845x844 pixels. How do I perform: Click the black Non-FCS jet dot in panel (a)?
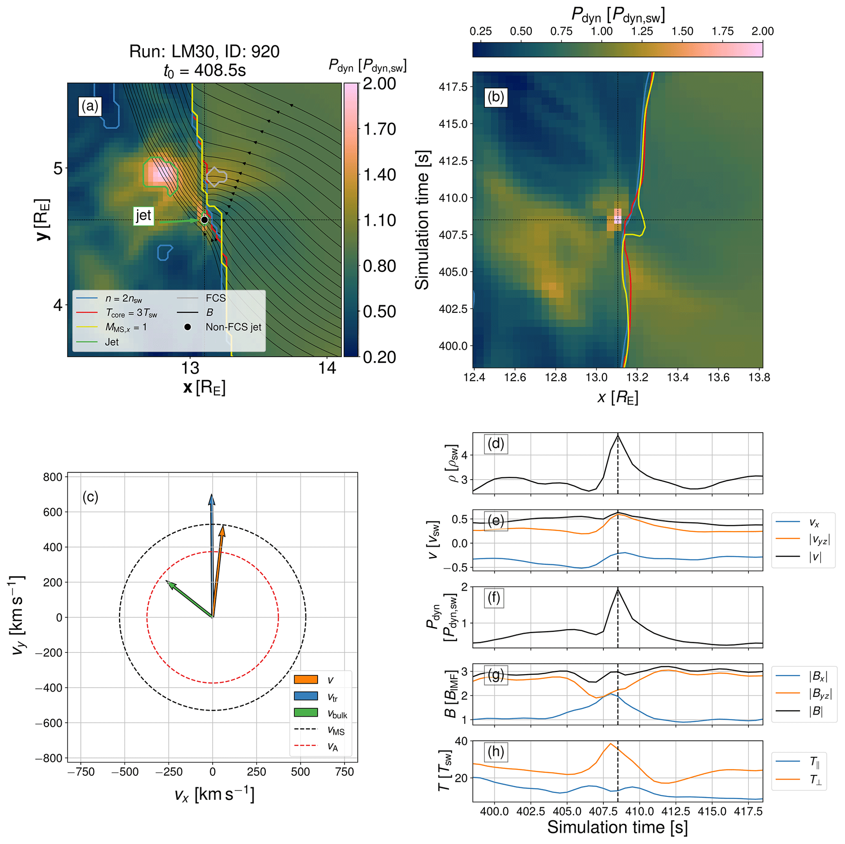tap(204, 220)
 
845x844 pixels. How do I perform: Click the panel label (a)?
tap(90, 106)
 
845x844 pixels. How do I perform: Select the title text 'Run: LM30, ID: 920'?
tap(204, 51)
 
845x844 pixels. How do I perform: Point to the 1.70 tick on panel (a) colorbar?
tap(380, 129)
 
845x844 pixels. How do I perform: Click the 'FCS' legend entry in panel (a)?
tap(215, 298)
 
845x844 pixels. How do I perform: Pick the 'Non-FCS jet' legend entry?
tap(233, 327)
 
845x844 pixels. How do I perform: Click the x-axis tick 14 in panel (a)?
tap(327, 368)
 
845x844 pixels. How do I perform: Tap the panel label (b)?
tap(496, 96)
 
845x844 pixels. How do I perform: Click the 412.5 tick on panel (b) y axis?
tap(453, 161)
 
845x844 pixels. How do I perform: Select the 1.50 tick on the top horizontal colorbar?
tap(682, 31)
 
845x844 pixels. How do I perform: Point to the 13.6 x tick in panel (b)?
tap(718, 377)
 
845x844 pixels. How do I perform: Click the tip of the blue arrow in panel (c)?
tap(212, 495)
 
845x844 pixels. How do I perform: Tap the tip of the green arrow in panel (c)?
tap(166, 581)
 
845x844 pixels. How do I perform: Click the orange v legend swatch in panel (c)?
tap(306, 680)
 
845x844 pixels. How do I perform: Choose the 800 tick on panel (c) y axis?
tap(52, 477)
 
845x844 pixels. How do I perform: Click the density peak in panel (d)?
tap(618, 435)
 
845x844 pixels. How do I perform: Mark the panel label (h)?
tap(495, 751)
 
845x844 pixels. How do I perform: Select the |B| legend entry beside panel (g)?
tap(815, 711)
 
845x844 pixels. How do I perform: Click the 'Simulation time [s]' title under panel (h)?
tap(617, 827)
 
